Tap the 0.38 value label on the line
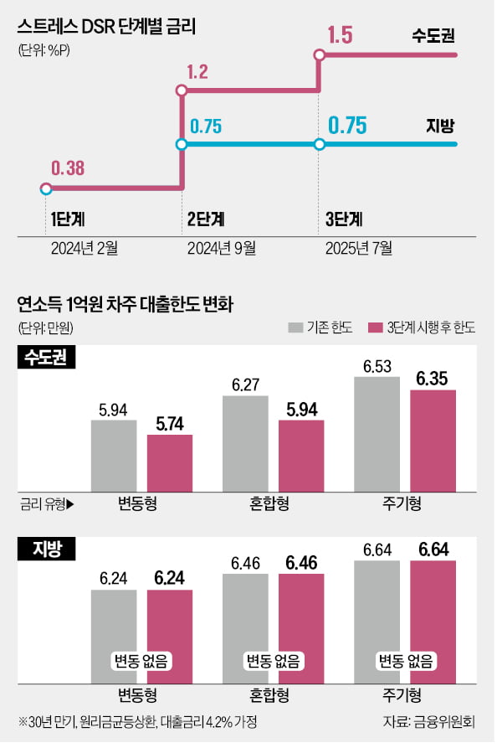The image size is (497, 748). tap(68, 168)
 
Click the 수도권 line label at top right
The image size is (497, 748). tap(433, 38)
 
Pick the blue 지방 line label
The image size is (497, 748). tap(440, 126)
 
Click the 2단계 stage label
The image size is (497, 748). tap(206, 220)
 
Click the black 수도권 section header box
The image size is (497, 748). tap(48, 358)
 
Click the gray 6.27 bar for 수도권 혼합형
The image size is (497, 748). tap(245, 442)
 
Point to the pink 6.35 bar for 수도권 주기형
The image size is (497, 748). tap(433, 440)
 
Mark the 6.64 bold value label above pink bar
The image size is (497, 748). tap(433, 549)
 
